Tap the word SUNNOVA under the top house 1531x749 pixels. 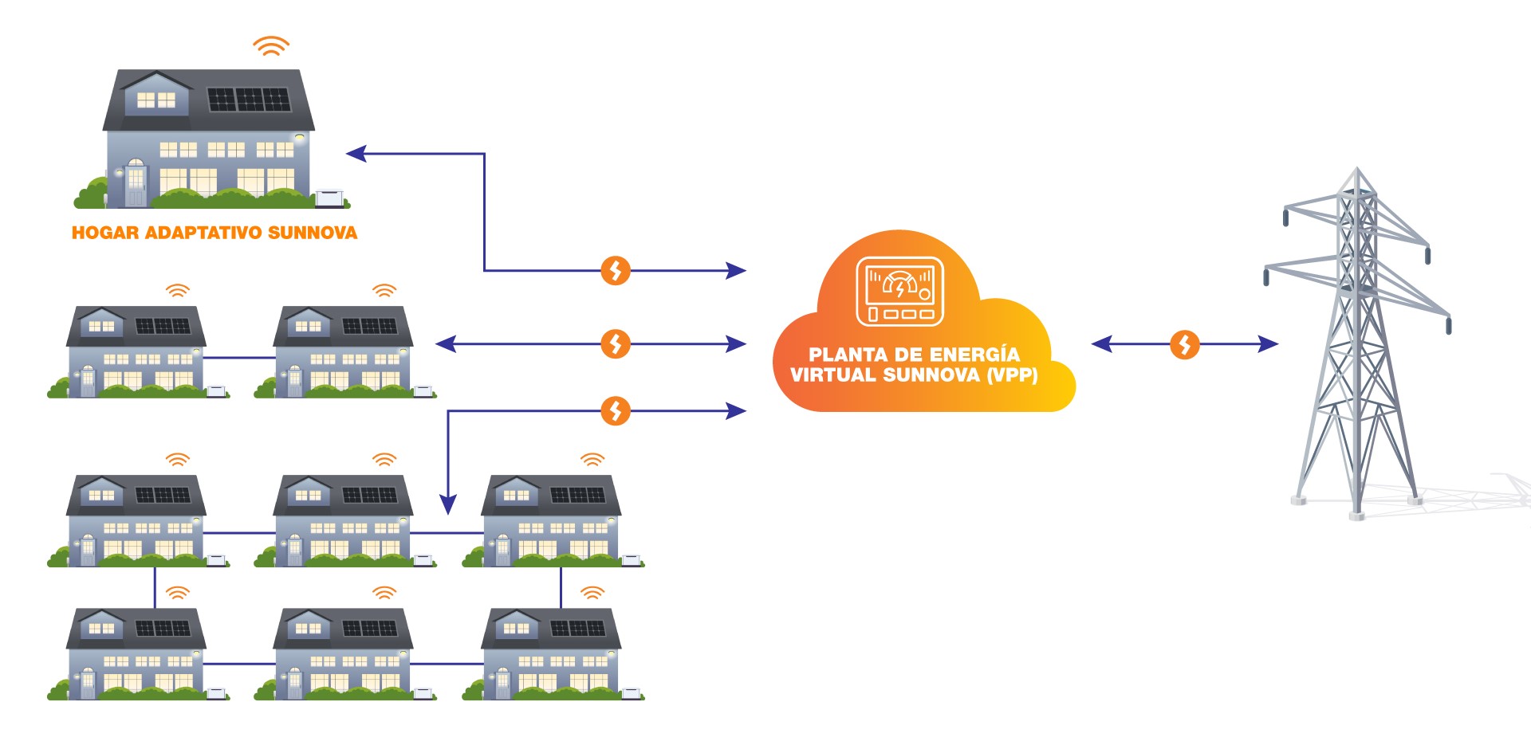click(x=313, y=233)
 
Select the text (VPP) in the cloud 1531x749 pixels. click(x=1012, y=374)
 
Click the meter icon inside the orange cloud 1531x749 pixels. click(x=899, y=292)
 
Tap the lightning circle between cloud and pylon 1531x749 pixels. click(x=1184, y=344)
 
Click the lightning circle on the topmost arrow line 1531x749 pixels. click(x=615, y=271)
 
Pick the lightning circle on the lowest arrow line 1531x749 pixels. click(x=615, y=411)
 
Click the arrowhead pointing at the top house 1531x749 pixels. click(x=356, y=154)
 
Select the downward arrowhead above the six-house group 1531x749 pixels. click(x=448, y=504)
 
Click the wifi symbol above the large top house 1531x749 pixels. click(x=271, y=46)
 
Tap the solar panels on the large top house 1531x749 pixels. click(x=249, y=100)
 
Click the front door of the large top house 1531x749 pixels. click(x=136, y=185)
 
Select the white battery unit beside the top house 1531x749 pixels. click(x=329, y=197)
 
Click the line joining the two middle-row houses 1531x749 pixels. click(x=239, y=358)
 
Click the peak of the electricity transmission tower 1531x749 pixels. click(x=1357, y=171)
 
